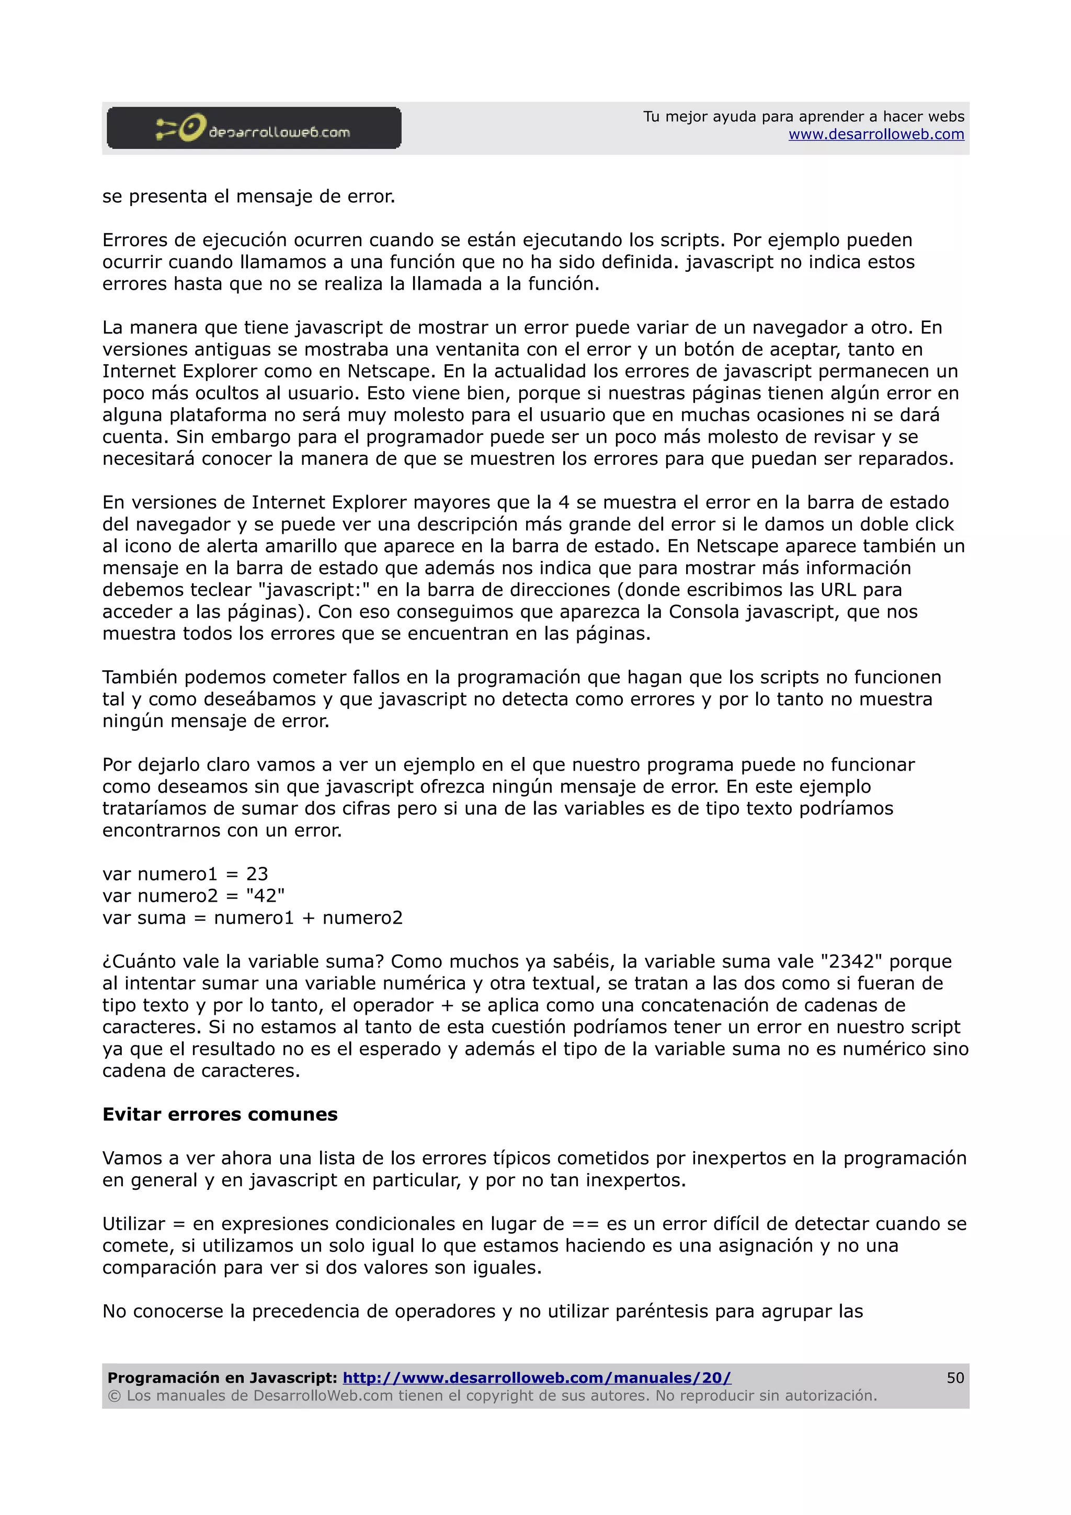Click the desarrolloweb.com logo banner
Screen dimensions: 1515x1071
click(254, 128)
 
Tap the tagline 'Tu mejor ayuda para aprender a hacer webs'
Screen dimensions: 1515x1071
click(803, 117)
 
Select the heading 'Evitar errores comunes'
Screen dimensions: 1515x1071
click(220, 1115)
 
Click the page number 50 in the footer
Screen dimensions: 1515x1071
click(955, 1378)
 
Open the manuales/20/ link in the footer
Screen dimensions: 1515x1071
click(537, 1378)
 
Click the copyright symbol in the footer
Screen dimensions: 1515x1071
click(113, 1396)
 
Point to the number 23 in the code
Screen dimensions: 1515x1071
click(257, 874)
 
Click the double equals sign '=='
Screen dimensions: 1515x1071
click(585, 1224)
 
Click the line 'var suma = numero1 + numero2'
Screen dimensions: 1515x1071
click(252, 918)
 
